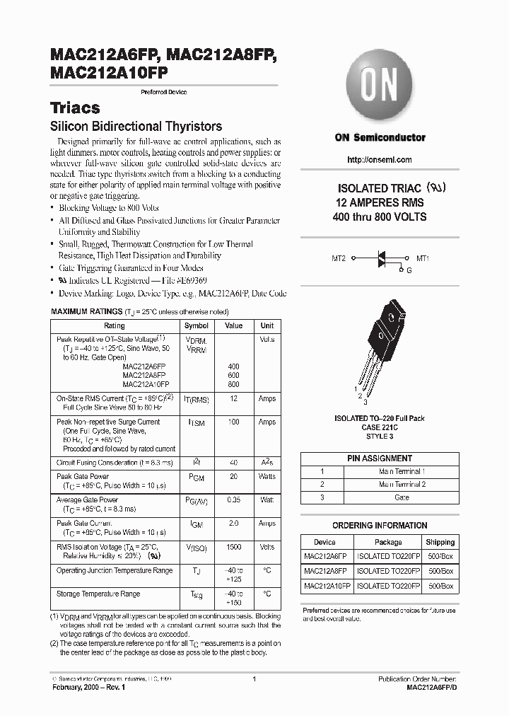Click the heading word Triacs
[75, 108]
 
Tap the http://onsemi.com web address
[380, 161]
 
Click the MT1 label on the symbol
[423, 259]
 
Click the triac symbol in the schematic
[382, 260]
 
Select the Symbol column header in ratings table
[197, 325]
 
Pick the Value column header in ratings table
[233, 325]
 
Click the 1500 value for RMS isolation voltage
[233, 547]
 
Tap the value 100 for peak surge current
[233, 422]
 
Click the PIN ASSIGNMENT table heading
[379, 458]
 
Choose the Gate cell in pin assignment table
[402, 497]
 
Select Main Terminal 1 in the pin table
[402, 471]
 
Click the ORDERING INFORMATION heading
[379, 526]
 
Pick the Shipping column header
[440, 542]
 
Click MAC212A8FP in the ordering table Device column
[325, 571]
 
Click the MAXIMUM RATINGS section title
[86, 311]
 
